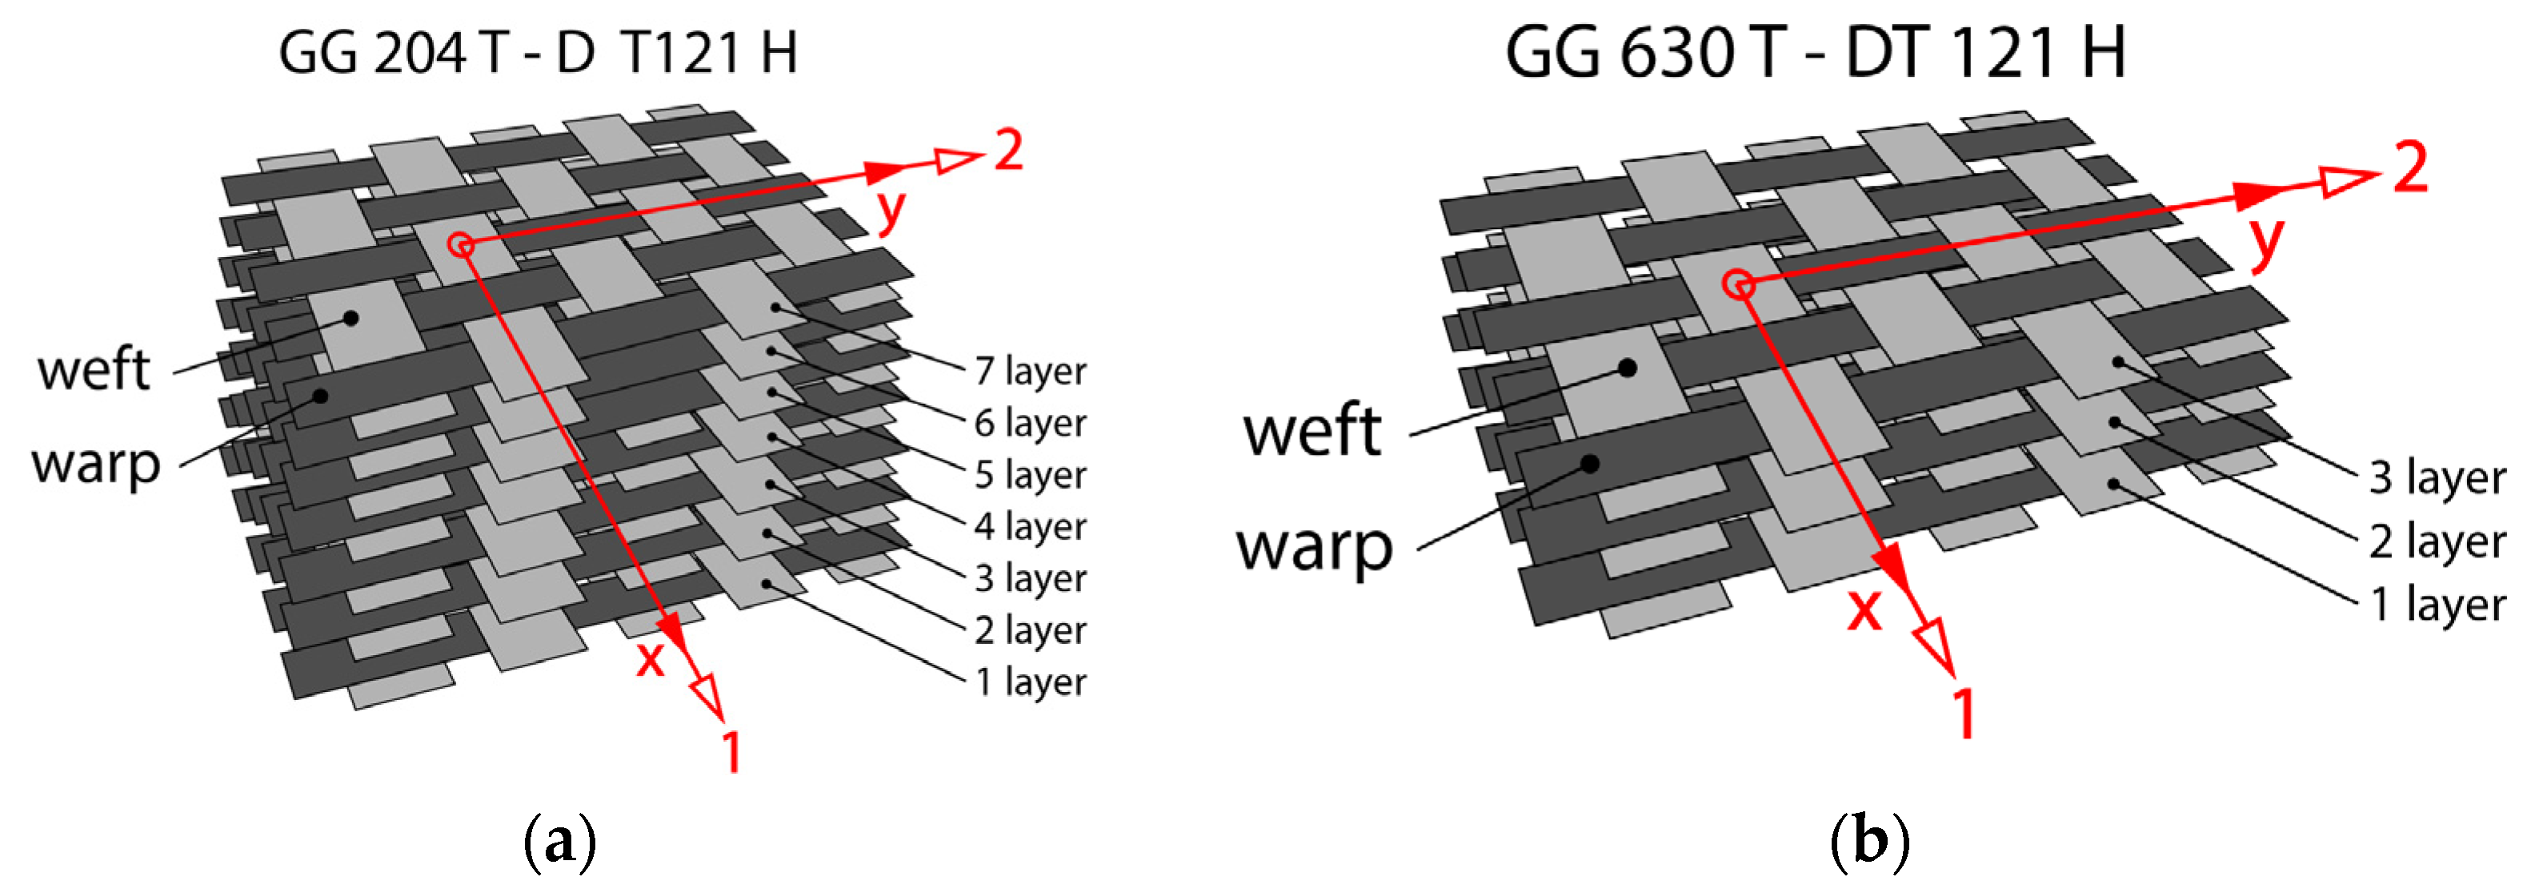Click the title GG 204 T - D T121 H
pos(538,53)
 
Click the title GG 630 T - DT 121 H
pos(1815,53)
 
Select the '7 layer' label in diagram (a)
pos(1030,372)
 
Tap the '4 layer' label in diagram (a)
pos(1030,527)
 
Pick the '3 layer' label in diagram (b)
pos(2437,478)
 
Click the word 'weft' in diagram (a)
pos(94,370)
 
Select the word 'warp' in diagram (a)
pos(96,463)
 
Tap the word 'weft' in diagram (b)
pos(1312,431)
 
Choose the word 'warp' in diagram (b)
pos(1315,548)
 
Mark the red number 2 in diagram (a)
pos(1008,151)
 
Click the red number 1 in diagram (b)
pos(1963,714)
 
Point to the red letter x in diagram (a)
pos(650,659)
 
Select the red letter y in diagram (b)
pos(2267,241)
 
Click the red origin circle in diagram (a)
pos(461,244)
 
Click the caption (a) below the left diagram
pos(560,842)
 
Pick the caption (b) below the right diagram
pos(1870,842)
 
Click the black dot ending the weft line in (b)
pos(1628,368)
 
